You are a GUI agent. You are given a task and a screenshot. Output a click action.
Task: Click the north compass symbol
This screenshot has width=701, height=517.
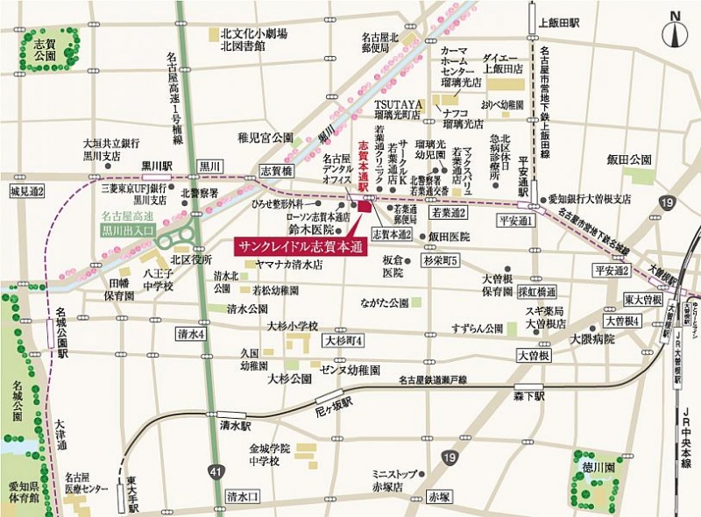tap(676, 32)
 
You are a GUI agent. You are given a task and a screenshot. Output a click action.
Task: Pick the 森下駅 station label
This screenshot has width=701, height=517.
tap(529, 396)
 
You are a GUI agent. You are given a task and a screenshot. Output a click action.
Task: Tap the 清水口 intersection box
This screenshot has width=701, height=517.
tap(243, 495)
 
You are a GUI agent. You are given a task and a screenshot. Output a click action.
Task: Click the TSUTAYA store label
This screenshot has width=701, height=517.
tap(399, 104)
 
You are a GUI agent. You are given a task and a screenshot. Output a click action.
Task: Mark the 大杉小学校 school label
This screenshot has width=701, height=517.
tap(293, 326)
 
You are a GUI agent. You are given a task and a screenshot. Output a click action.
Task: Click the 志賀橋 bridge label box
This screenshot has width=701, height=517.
tap(276, 171)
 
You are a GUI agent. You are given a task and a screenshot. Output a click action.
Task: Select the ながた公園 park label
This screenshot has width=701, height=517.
tap(386, 302)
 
